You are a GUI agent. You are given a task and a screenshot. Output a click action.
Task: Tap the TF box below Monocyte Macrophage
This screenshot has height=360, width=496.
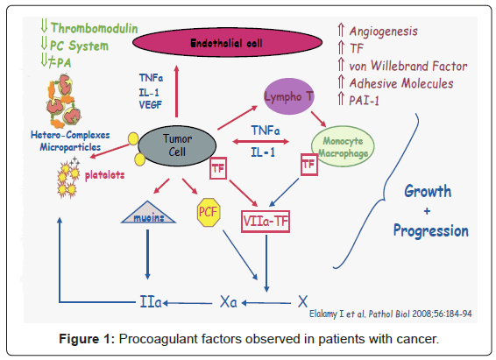coord(308,165)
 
